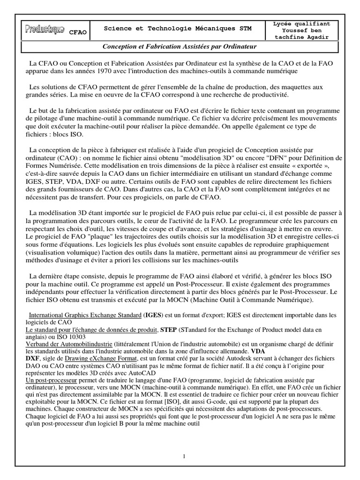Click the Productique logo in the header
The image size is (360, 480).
tap(45, 30)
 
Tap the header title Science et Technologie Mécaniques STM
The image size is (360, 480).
tap(178, 29)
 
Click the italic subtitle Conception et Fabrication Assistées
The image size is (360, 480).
tap(180, 47)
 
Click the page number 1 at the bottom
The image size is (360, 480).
tap(184, 456)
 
